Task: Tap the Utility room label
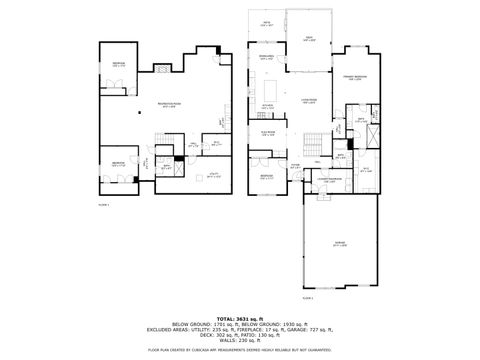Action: (x=214, y=173)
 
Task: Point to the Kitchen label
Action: (x=267, y=105)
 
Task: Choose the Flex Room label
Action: (x=267, y=131)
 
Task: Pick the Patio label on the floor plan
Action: (x=266, y=24)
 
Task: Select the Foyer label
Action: (x=295, y=166)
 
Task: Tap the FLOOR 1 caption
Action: (x=102, y=204)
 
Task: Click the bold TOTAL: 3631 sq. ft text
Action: (x=240, y=318)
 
